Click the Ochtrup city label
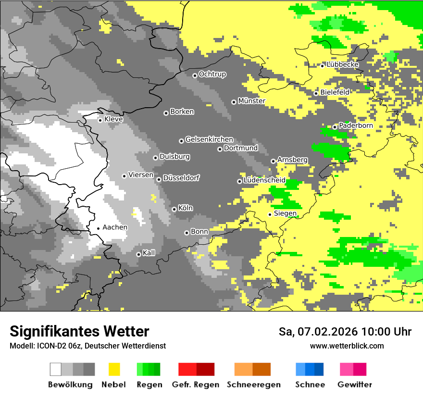[212, 75]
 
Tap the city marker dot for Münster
[234, 102]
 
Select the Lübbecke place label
[342, 65]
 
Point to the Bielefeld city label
[335, 92]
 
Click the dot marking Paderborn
[335, 127]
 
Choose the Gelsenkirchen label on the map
[209, 140]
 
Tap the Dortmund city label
[241, 149]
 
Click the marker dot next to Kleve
[100, 120]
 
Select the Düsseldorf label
[181, 178]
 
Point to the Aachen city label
[115, 227]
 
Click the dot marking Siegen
[270, 214]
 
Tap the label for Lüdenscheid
[264, 180]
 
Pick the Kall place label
[149, 253]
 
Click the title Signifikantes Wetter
[79, 332]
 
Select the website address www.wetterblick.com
[347, 346]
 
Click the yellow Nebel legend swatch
[114, 369]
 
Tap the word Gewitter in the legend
[354, 385]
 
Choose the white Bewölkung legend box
[56, 369]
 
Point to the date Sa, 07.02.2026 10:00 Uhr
[345, 332]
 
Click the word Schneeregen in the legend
[253, 385]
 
